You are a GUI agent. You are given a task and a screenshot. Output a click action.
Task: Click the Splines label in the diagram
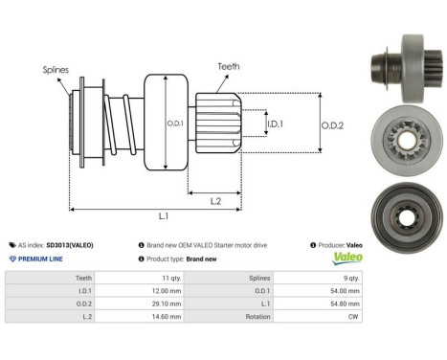pyautogui.click(x=55, y=70)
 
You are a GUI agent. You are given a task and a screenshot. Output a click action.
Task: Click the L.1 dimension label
pyautogui.click(x=162, y=217)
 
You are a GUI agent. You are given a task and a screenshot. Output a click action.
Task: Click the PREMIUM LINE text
pyautogui.click(x=41, y=259)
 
